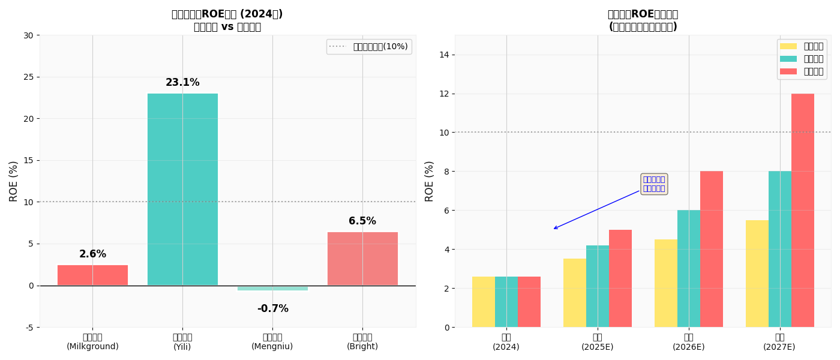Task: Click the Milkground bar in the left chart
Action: (92, 275)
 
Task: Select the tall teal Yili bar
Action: (182, 189)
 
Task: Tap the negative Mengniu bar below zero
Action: (272, 288)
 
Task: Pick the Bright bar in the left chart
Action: (362, 259)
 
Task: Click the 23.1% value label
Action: (182, 83)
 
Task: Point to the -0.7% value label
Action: (272, 309)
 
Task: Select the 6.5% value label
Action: (362, 221)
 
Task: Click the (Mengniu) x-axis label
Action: (272, 347)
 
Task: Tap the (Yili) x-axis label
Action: (182, 347)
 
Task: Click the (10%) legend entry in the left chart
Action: (380, 47)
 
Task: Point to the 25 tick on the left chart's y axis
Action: (28, 77)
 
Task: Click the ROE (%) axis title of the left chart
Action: (14, 181)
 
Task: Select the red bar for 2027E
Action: (803, 210)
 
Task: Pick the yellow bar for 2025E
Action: (575, 293)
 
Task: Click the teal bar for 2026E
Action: (689, 268)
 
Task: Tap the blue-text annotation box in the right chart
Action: (654, 184)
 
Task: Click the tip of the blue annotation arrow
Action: (553, 229)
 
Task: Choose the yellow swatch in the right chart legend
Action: (788, 46)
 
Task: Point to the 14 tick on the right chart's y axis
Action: (445, 55)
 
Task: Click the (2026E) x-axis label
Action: (689, 347)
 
